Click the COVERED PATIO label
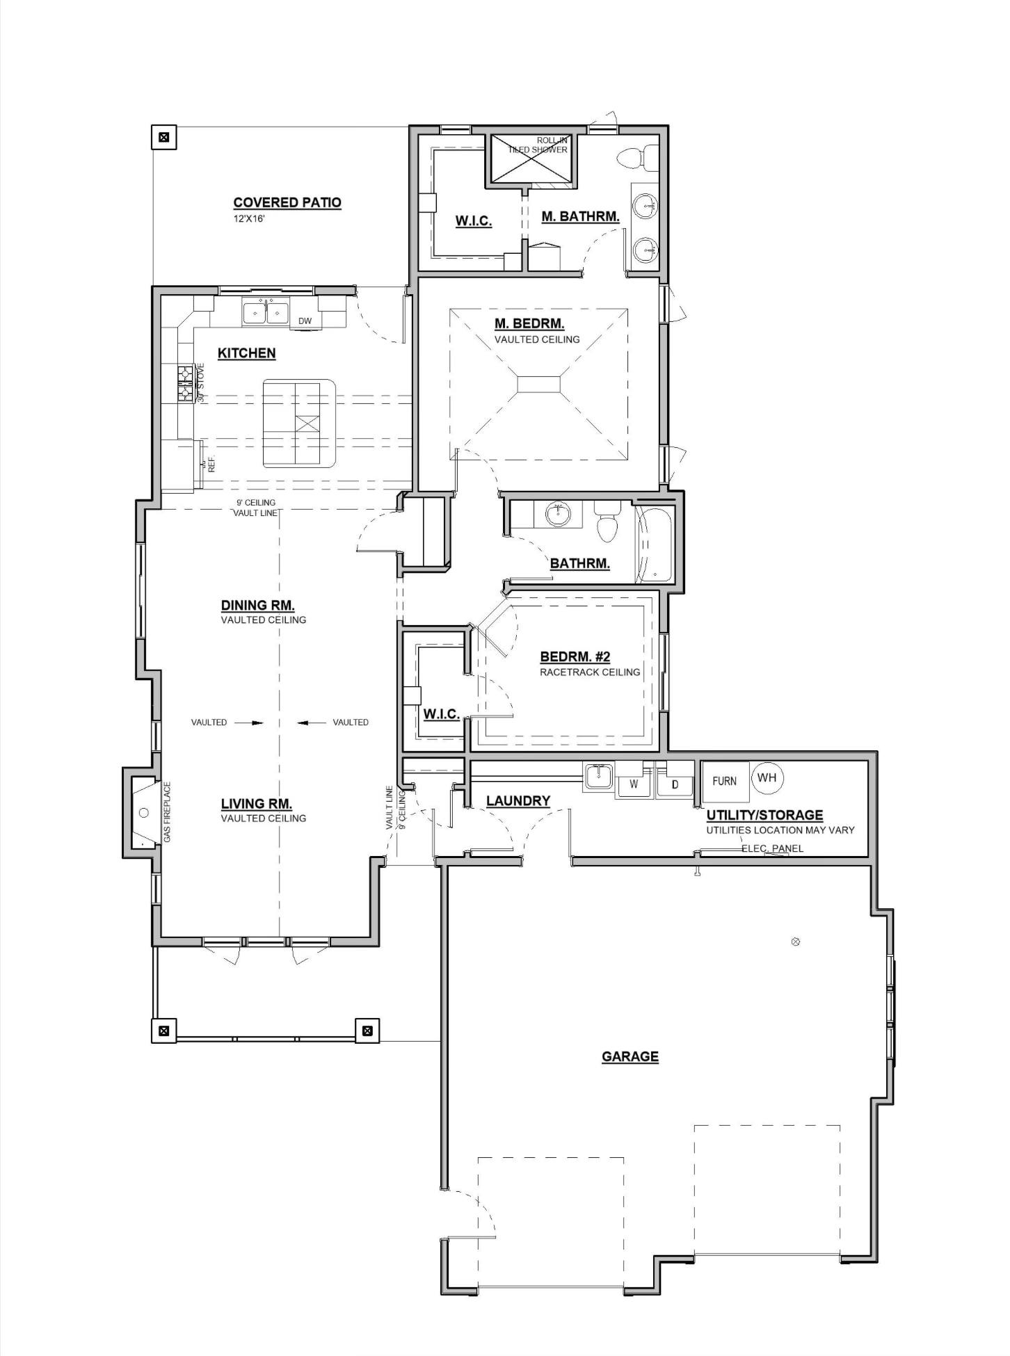pos(287,202)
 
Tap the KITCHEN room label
pos(246,353)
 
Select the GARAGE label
pos(630,1056)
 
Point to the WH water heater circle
pos(767,777)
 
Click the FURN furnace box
pos(725,782)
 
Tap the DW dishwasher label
pos(305,321)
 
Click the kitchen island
pos(298,423)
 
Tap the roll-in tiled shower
pos(531,159)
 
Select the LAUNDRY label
pos(518,801)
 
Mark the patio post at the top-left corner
pos(164,137)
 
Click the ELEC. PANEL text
pos(772,848)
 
